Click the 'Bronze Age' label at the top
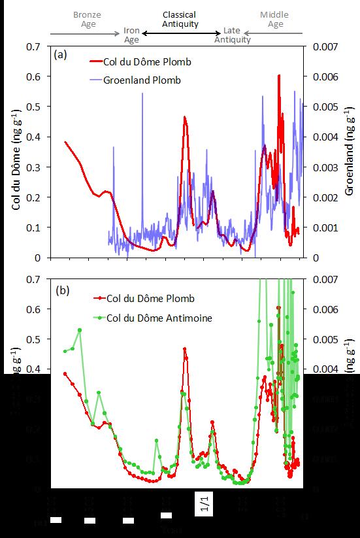(87, 20)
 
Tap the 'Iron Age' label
(131, 35)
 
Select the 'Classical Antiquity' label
(180, 20)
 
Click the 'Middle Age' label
(275, 20)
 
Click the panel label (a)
(61, 56)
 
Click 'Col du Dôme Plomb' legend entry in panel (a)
(144, 62)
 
